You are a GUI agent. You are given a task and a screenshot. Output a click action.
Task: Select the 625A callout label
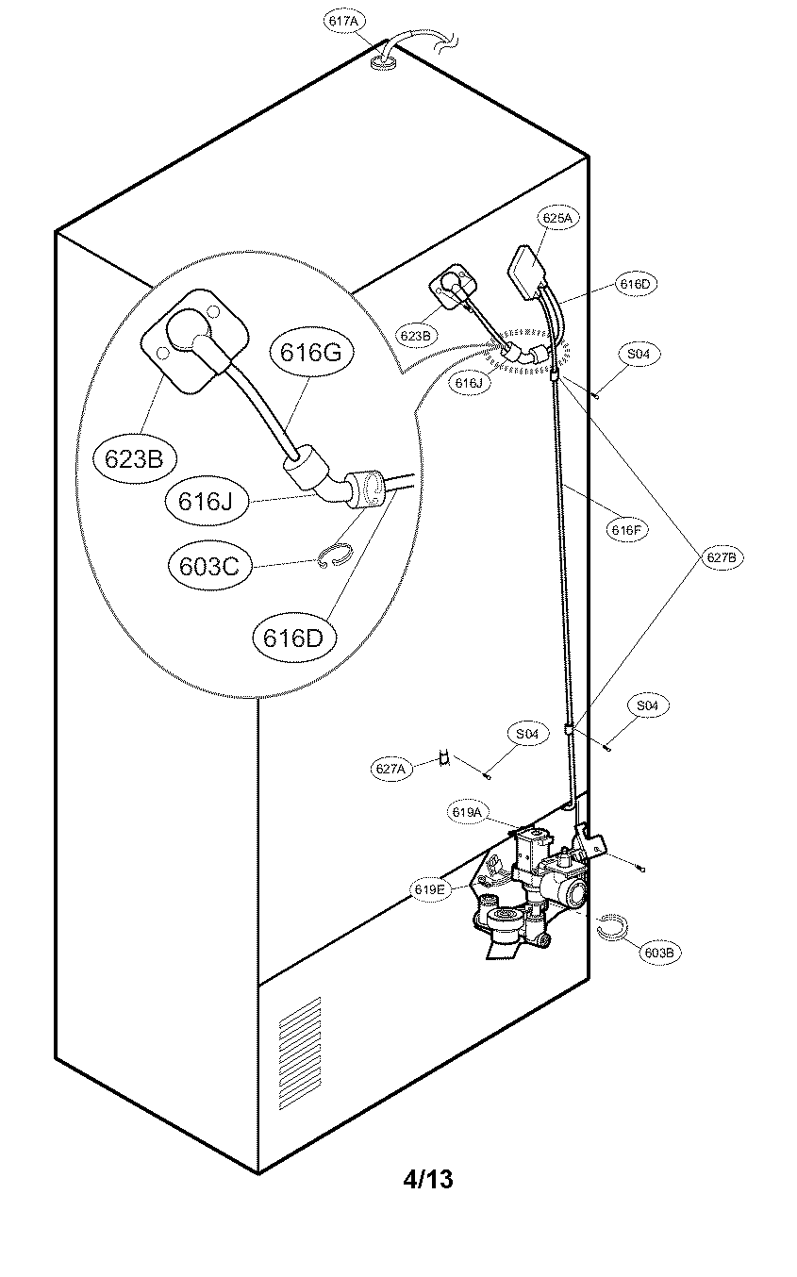coord(556,218)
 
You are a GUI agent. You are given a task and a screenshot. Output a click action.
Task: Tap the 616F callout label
coord(626,530)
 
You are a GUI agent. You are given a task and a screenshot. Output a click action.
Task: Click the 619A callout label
coord(467,811)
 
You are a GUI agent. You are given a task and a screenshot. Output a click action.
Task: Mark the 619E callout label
coord(428,887)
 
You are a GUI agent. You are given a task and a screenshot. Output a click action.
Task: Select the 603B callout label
coord(658,952)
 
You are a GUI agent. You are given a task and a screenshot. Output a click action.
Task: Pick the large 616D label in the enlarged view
coord(293,638)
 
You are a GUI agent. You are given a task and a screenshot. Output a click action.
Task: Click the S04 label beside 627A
coord(527,733)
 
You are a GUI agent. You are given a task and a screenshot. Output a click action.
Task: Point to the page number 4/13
coord(427,1178)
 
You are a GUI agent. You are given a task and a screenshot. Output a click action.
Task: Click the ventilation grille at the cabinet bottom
coord(299,1052)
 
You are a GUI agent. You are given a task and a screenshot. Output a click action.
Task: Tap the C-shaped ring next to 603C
coord(334,557)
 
